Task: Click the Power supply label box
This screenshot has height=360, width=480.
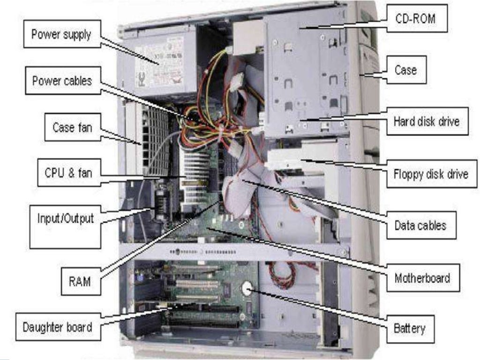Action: point(61,35)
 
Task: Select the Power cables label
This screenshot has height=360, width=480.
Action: point(62,81)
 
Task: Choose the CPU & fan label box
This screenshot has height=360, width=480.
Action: point(68,172)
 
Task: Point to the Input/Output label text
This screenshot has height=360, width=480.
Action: point(65,218)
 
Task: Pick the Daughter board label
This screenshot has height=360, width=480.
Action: point(57,327)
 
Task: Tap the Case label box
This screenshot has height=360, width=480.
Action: point(405,70)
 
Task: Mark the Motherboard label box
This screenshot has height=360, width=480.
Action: point(422,278)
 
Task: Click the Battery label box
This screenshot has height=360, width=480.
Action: point(409,328)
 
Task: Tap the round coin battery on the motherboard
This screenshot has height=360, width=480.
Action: point(247,287)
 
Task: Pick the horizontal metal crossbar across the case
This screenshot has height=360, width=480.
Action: point(234,251)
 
